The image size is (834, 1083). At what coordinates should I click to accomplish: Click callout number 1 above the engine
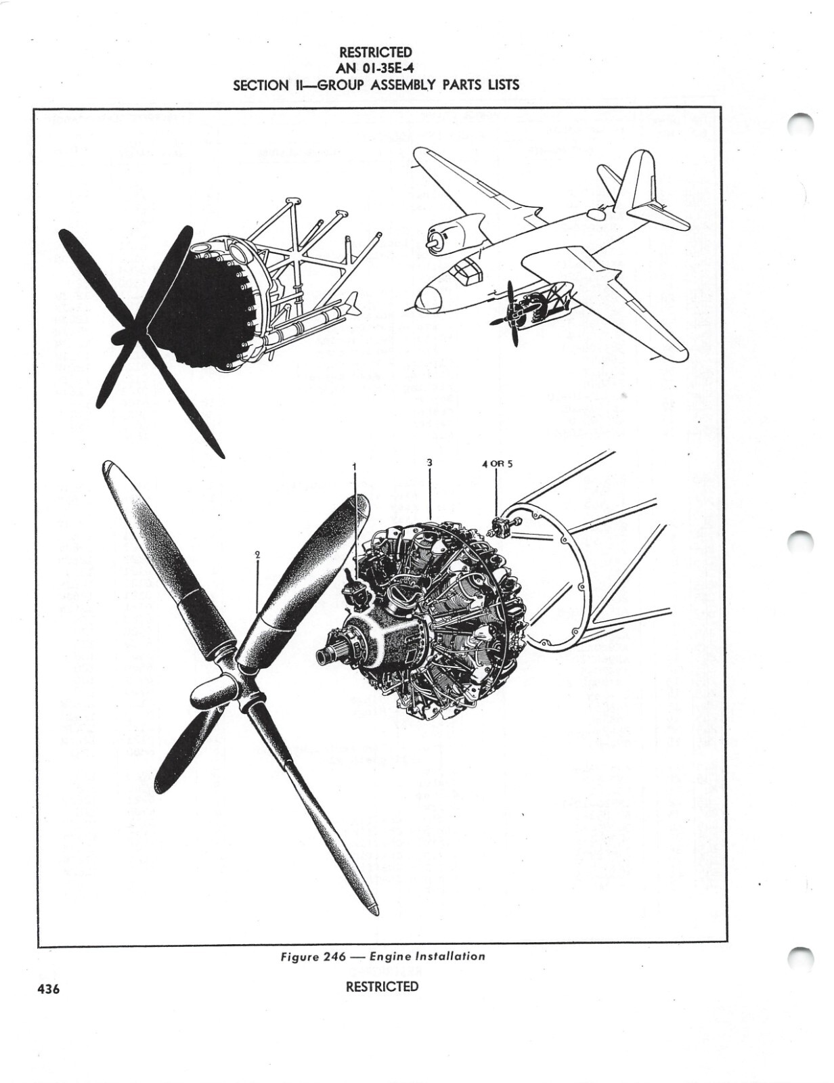click(x=355, y=466)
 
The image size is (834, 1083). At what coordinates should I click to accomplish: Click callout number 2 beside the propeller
click(x=257, y=553)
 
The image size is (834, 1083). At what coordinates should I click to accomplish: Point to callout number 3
click(x=430, y=462)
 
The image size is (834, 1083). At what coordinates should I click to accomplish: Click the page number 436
click(x=49, y=989)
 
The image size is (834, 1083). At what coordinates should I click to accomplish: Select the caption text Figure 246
click(x=313, y=956)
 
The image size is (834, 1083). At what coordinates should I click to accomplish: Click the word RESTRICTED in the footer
click(x=382, y=986)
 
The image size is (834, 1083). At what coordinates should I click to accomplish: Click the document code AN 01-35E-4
click(x=375, y=68)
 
